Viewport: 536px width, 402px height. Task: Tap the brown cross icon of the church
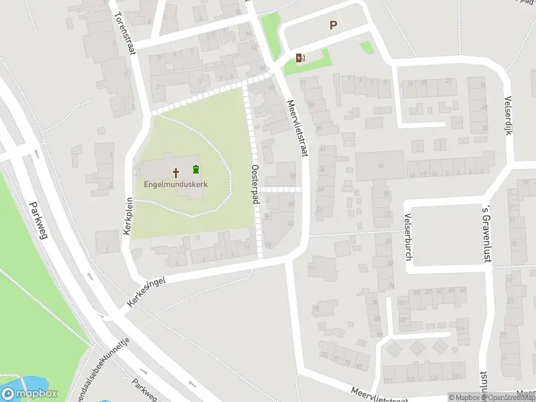[177, 172]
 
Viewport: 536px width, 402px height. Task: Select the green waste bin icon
[196, 169]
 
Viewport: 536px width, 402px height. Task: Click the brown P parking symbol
[333, 25]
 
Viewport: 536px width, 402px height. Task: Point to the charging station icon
[299, 58]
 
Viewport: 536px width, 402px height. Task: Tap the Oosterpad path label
[255, 180]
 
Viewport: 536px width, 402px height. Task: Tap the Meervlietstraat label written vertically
[299, 128]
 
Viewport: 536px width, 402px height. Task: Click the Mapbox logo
[28, 394]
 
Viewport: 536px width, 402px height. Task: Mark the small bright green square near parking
[366, 48]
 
